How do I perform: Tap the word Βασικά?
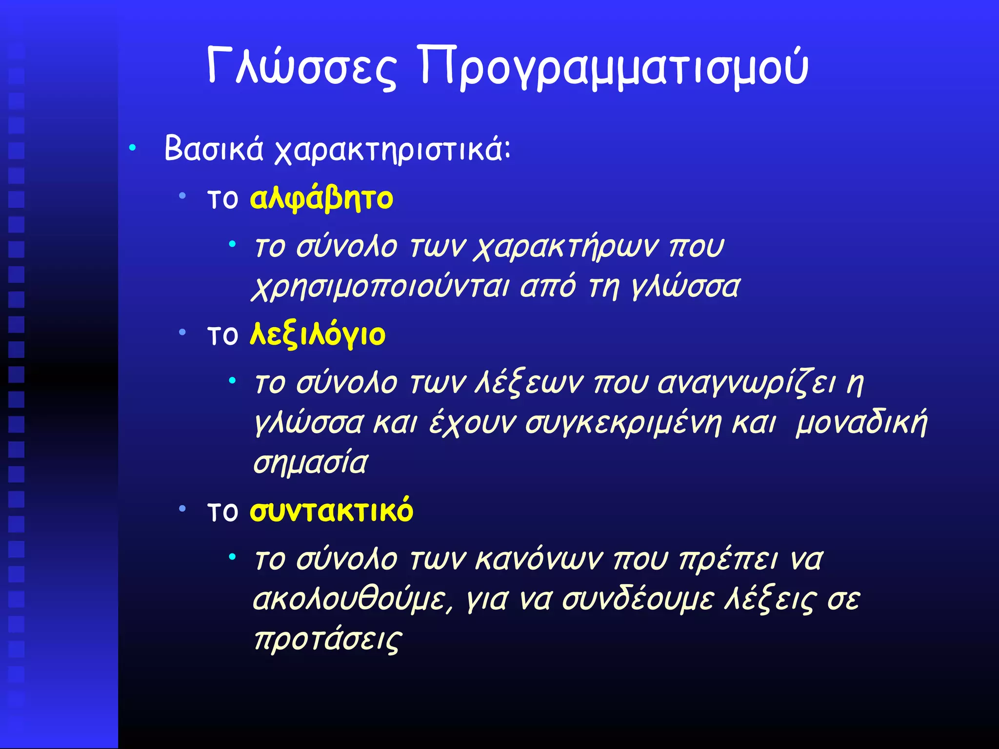214,149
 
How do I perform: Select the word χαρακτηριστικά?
392,150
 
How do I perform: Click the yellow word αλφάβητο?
321,199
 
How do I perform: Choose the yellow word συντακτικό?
331,511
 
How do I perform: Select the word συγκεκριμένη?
623,423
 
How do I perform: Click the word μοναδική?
861,423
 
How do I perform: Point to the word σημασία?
310,463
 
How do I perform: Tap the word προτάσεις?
328,639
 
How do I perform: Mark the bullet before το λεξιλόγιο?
182,333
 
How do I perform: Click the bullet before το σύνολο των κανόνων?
233,556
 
